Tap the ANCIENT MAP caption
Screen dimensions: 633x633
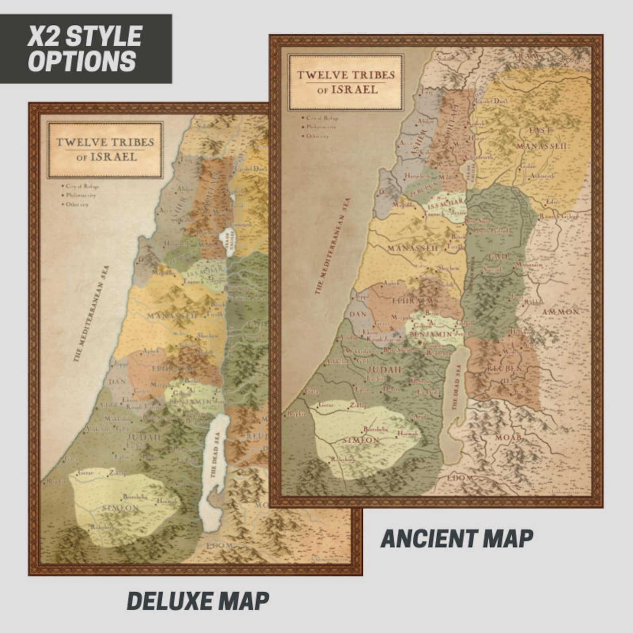pyautogui.click(x=457, y=539)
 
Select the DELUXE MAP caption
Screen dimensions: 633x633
pyautogui.click(x=198, y=602)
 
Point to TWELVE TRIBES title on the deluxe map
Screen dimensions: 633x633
pyautogui.click(x=105, y=142)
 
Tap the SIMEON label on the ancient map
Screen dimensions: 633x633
pyautogui.click(x=360, y=440)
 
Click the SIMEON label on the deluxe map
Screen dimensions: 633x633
pyautogui.click(x=120, y=508)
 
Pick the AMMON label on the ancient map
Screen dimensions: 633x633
pyautogui.click(x=560, y=312)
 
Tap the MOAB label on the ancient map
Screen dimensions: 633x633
pyautogui.click(x=508, y=438)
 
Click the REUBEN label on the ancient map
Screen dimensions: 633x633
pyautogui.click(x=504, y=369)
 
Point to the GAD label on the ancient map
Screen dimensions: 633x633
pyautogui.click(x=497, y=256)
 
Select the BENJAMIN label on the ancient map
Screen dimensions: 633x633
pyautogui.click(x=431, y=334)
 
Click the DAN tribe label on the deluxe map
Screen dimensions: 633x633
pyautogui.click(x=117, y=382)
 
